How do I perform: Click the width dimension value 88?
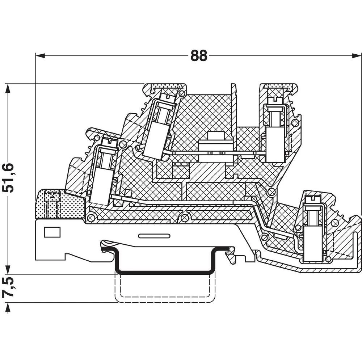tap(199, 56)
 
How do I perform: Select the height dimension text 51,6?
tap(8, 177)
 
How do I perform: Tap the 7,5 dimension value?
tap(8, 288)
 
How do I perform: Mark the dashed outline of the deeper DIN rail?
tap(165, 301)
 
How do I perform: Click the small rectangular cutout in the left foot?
tap(52, 232)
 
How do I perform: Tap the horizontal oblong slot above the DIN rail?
tap(154, 236)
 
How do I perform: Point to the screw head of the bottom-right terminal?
tap(312, 199)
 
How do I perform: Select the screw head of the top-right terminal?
tap(277, 98)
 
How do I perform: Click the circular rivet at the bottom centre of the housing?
tap(185, 218)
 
